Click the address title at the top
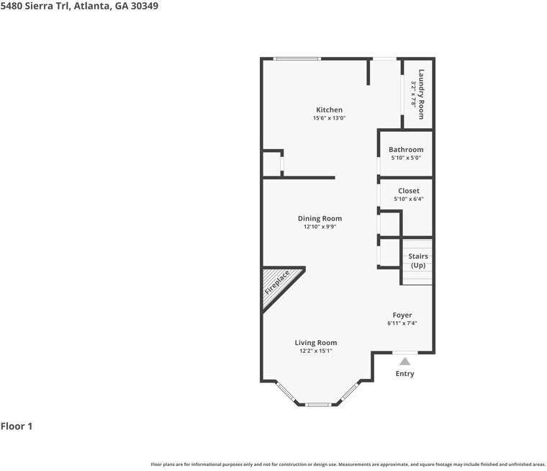[79, 6]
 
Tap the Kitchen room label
[329, 110]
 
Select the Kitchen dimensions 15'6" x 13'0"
[329, 118]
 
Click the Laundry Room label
[422, 94]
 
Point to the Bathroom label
[406, 150]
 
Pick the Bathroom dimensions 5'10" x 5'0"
[406, 158]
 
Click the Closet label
[408, 191]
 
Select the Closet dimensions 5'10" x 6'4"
[408, 199]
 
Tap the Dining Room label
[320, 218]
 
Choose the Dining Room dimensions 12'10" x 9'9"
[320, 227]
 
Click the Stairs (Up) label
[417, 261]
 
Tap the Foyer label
[402, 315]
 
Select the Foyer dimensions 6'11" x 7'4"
[402, 323]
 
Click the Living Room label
[315, 343]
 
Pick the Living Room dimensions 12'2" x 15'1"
[315, 351]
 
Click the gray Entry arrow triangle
[404, 362]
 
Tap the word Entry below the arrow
[404, 374]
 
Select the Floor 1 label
[17, 426]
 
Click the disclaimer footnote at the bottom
[348, 465]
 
